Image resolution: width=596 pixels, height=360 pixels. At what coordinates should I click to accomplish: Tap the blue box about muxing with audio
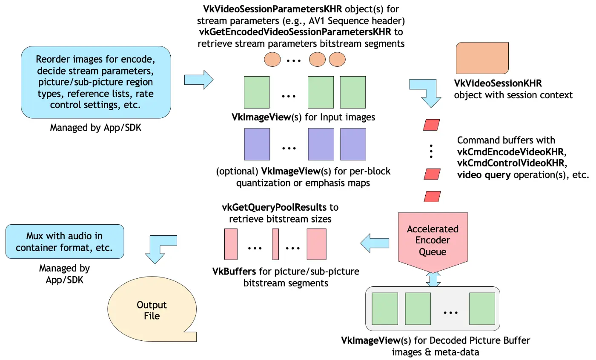click(x=64, y=242)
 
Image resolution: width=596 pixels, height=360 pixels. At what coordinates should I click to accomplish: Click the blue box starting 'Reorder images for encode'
click(x=95, y=82)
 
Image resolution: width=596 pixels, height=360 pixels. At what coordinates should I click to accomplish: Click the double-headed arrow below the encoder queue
click(x=433, y=279)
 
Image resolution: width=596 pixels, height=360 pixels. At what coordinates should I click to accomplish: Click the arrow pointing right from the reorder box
click(x=198, y=79)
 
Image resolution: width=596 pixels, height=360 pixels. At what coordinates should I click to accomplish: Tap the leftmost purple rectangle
click(x=257, y=143)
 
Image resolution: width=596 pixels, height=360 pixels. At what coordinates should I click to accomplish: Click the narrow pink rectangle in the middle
click(x=275, y=244)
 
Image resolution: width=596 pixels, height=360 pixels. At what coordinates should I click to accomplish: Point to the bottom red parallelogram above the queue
click(x=432, y=197)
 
